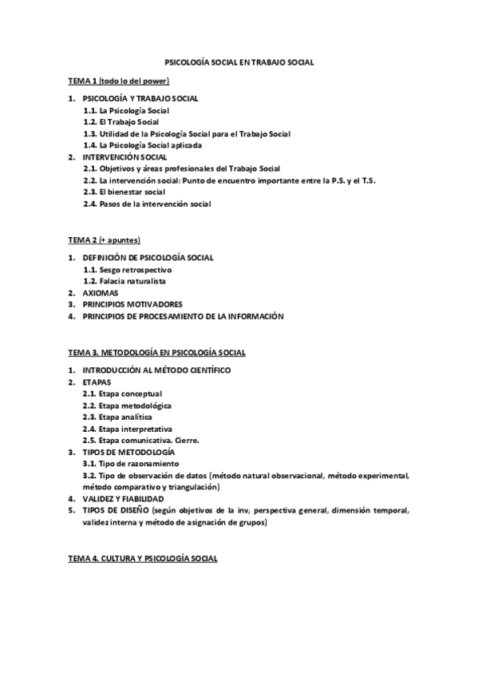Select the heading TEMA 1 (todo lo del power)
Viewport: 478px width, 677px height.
[x=118, y=81]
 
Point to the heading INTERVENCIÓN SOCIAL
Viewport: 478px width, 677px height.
[x=124, y=157]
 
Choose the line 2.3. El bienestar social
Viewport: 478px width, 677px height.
[x=124, y=192]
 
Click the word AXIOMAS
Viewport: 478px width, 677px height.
[x=100, y=293]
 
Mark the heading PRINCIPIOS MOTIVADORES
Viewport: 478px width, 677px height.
[x=132, y=304]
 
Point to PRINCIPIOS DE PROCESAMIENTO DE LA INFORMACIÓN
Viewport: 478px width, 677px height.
[x=183, y=316]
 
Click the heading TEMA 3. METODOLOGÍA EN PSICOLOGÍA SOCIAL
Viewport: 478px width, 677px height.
[x=156, y=352]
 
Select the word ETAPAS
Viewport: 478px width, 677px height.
[x=97, y=382]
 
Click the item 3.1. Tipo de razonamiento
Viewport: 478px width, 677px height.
[x=131, y=463]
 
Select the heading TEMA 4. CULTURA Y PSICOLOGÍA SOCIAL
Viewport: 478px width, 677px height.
[x=142, y=559]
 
